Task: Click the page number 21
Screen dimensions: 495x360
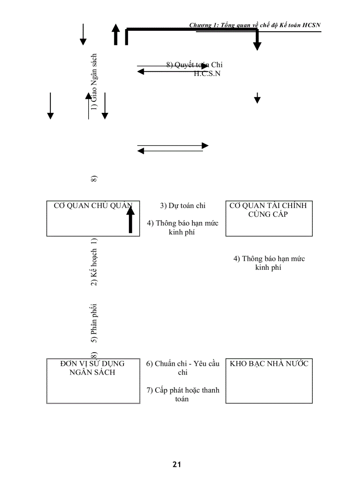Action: tap(177, 464)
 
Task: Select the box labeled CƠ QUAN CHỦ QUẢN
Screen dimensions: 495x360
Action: tap(93, 219)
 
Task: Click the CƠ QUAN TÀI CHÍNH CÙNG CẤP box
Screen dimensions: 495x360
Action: tap(269, 219)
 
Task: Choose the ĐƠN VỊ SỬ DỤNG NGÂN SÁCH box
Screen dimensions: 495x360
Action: tap(93, 381)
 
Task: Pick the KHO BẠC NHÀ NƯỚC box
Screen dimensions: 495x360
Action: tap(269, 381)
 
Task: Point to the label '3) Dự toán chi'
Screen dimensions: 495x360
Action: tap(182, 205)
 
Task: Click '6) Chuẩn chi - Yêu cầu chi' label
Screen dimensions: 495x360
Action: tap(183, 368)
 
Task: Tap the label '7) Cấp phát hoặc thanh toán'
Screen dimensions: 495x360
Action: tap(183, 395)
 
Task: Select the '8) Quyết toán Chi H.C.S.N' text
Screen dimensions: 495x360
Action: tap(194, 69)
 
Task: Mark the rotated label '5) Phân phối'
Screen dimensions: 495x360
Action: tap(94, 323)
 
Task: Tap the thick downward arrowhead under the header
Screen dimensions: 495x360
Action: tap(257, 46)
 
